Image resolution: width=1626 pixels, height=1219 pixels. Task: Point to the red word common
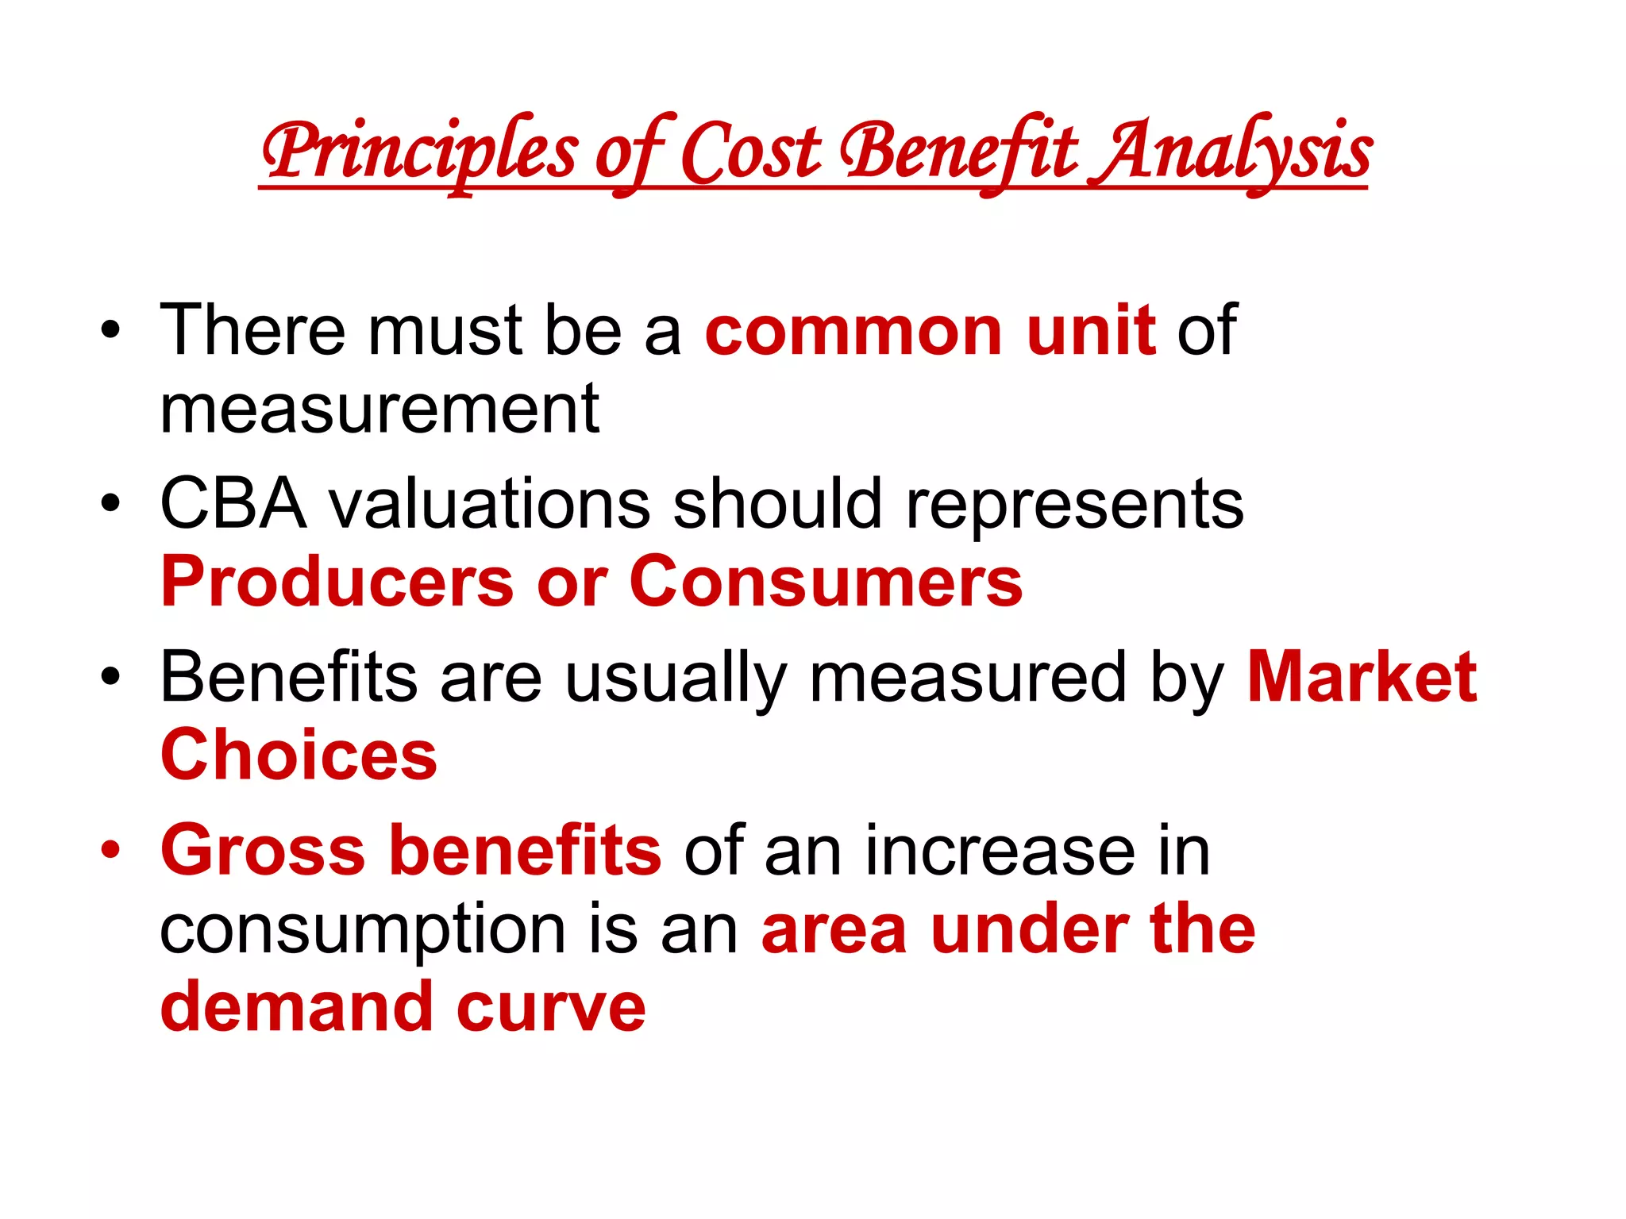(853, 331)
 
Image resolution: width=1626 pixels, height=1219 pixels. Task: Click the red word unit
(1091, 331)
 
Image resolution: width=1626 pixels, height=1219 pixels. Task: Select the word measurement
(380, 409)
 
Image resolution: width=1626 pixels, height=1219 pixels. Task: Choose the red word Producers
(337, 582)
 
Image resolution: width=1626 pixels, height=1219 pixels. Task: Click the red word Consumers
(826, 582)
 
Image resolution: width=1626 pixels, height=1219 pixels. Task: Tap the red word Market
(1362, 677)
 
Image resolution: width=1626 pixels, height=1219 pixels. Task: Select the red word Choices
(299, 755)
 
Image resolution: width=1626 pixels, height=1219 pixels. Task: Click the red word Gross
(263, 851)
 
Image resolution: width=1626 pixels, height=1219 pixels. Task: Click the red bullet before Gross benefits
(111, 851)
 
